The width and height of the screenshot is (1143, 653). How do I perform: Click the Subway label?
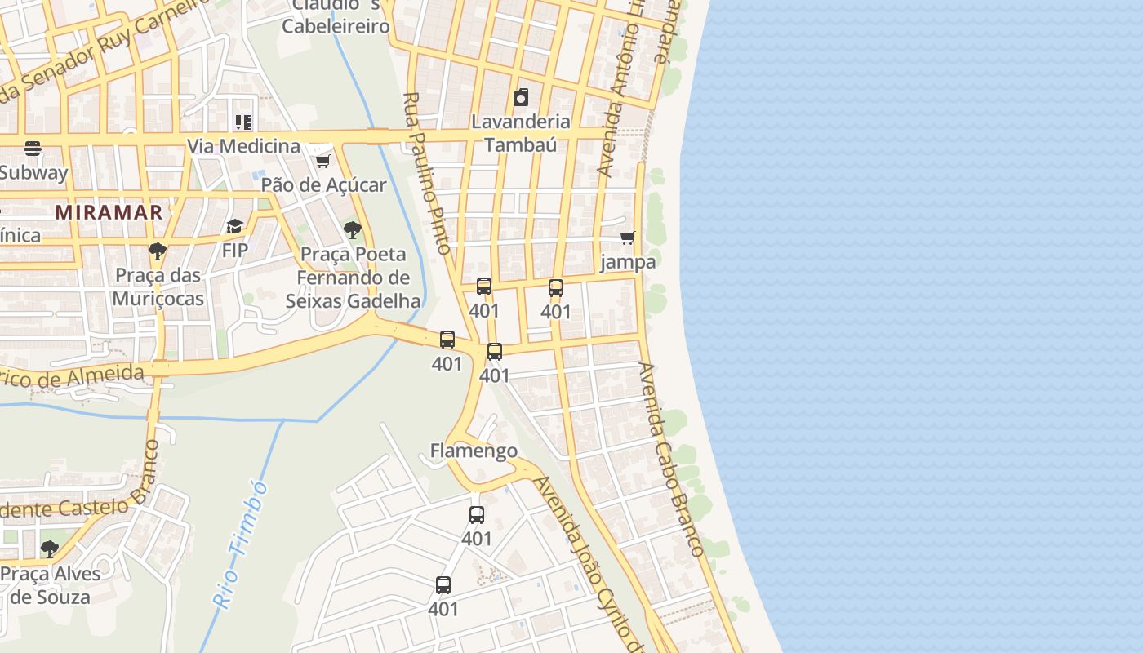tap(33, 173)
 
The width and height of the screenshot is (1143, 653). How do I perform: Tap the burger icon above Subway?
tap(33, 149)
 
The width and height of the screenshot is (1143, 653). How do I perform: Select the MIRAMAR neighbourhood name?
tap(109, 212)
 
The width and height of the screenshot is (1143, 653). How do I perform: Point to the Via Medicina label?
tap(243, 146)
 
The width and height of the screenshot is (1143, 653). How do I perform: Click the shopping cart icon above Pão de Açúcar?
tap(323, 161)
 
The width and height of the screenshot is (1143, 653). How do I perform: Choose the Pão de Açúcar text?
tap(323, 185)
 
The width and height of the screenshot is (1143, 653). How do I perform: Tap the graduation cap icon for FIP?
tap(235, 226)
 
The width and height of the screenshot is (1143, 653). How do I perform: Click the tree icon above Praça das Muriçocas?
tap(158, 251)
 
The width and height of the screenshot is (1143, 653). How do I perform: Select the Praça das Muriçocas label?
tap(158, 287)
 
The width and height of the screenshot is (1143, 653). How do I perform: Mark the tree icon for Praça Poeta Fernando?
tap(353, 230)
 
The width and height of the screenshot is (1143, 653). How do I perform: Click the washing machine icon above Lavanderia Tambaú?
tap(521, 98)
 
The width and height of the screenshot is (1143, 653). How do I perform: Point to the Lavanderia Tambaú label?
tap(521, 133)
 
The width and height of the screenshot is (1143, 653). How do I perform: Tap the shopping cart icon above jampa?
tap(627, 238)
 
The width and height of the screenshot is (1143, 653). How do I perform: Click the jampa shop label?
tap(627, 262)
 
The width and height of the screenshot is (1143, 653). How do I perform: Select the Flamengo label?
tap(474, 451)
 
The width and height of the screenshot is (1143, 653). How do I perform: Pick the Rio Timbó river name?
tap(241, 543)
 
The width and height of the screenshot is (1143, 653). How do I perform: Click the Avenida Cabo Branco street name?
tap(671, 460)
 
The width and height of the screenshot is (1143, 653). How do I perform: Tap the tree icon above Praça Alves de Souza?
tap(50, 549)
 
